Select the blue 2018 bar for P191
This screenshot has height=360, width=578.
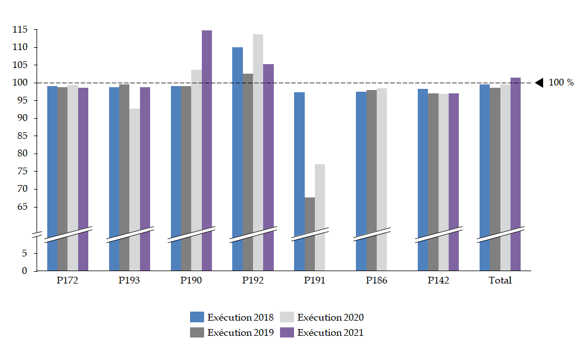[x=299, y=169]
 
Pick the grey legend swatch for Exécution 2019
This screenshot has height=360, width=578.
[x=197, y=332]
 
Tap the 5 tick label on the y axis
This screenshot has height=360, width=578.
[x=24, y=254]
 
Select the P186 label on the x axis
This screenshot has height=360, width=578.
[x=377, y=281]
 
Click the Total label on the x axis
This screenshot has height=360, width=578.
[x=500, y=281]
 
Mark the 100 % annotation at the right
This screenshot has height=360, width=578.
[x=561, y=83]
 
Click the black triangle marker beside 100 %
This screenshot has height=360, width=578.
[x=539, y=83]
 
